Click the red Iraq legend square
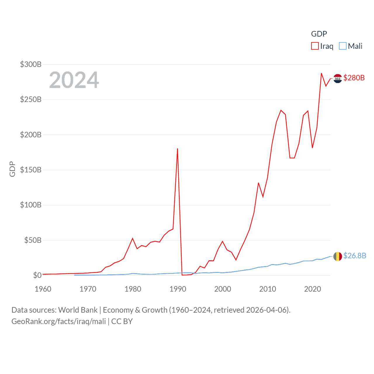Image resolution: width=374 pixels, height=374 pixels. click(315, 46)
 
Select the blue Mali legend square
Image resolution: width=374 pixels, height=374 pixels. click(342, 46)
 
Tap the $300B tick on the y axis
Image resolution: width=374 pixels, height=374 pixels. click(31, 64)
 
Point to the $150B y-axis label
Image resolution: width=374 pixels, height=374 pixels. click(31, 170)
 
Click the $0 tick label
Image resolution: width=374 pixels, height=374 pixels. click(37, 275)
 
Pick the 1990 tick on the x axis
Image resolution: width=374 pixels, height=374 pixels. click(178, 289)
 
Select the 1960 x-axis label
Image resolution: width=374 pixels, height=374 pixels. click(43, 289)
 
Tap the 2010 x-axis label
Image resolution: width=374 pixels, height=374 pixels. click(267, 289)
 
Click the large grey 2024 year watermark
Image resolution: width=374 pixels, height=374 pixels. click(74, 80)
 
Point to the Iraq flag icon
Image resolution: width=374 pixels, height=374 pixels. click(337, 78)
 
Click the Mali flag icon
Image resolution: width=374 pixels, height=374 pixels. click(337, 256)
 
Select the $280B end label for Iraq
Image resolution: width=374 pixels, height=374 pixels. click(354, 78)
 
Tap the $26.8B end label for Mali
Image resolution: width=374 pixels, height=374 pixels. click(354, 256)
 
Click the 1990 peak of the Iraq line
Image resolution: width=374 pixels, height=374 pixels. click(177, 149)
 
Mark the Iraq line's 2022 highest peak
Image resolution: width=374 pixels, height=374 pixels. click(321, 73)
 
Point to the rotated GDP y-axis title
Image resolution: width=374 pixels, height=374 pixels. click(12, 169)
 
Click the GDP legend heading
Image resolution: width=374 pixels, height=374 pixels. click(319, 34)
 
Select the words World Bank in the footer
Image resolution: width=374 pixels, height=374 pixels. click(78, 310)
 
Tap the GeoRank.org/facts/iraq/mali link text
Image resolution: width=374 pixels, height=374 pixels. click(58, 321)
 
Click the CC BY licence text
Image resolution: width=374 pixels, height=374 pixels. click(122, 321)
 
